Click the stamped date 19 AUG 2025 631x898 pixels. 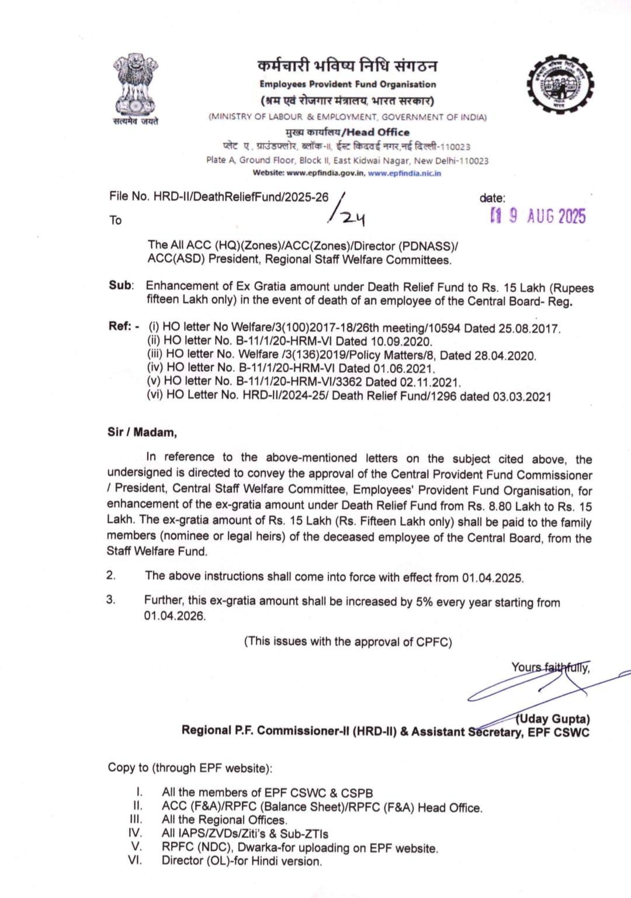click(x=538, y=216)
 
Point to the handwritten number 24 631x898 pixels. click(x=353, y=218)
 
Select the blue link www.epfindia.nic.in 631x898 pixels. click(x=404, y=173)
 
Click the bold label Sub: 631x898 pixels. click(x=121, y=285)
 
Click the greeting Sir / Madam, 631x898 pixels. click(x=142, y=432)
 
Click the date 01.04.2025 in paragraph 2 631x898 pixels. click(x=492, y=578)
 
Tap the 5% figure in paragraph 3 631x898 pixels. click(x=424, y=602)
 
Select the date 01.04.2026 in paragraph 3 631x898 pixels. click(x=175, y=616)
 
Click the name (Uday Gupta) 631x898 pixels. click(x=552, y=719)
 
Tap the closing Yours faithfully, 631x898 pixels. click(x=550, y=667)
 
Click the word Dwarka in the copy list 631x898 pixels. click(x=258, y=848)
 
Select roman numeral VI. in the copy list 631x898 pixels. click(x=135, y=861)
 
